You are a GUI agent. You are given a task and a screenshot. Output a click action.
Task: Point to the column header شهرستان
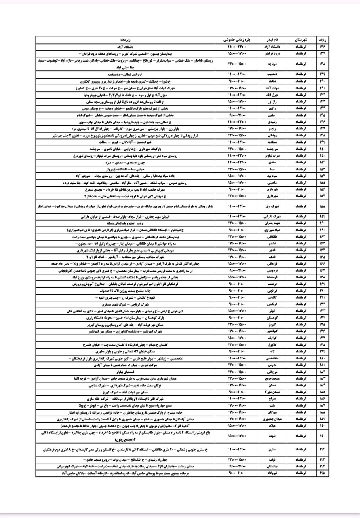(301, 40)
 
